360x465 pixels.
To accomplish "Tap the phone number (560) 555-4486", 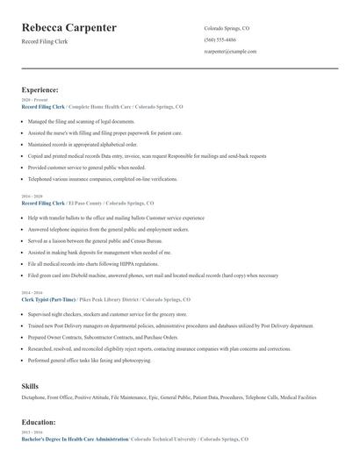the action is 220,40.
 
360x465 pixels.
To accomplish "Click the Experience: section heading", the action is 40,89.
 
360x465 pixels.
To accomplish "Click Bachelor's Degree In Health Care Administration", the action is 75,438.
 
